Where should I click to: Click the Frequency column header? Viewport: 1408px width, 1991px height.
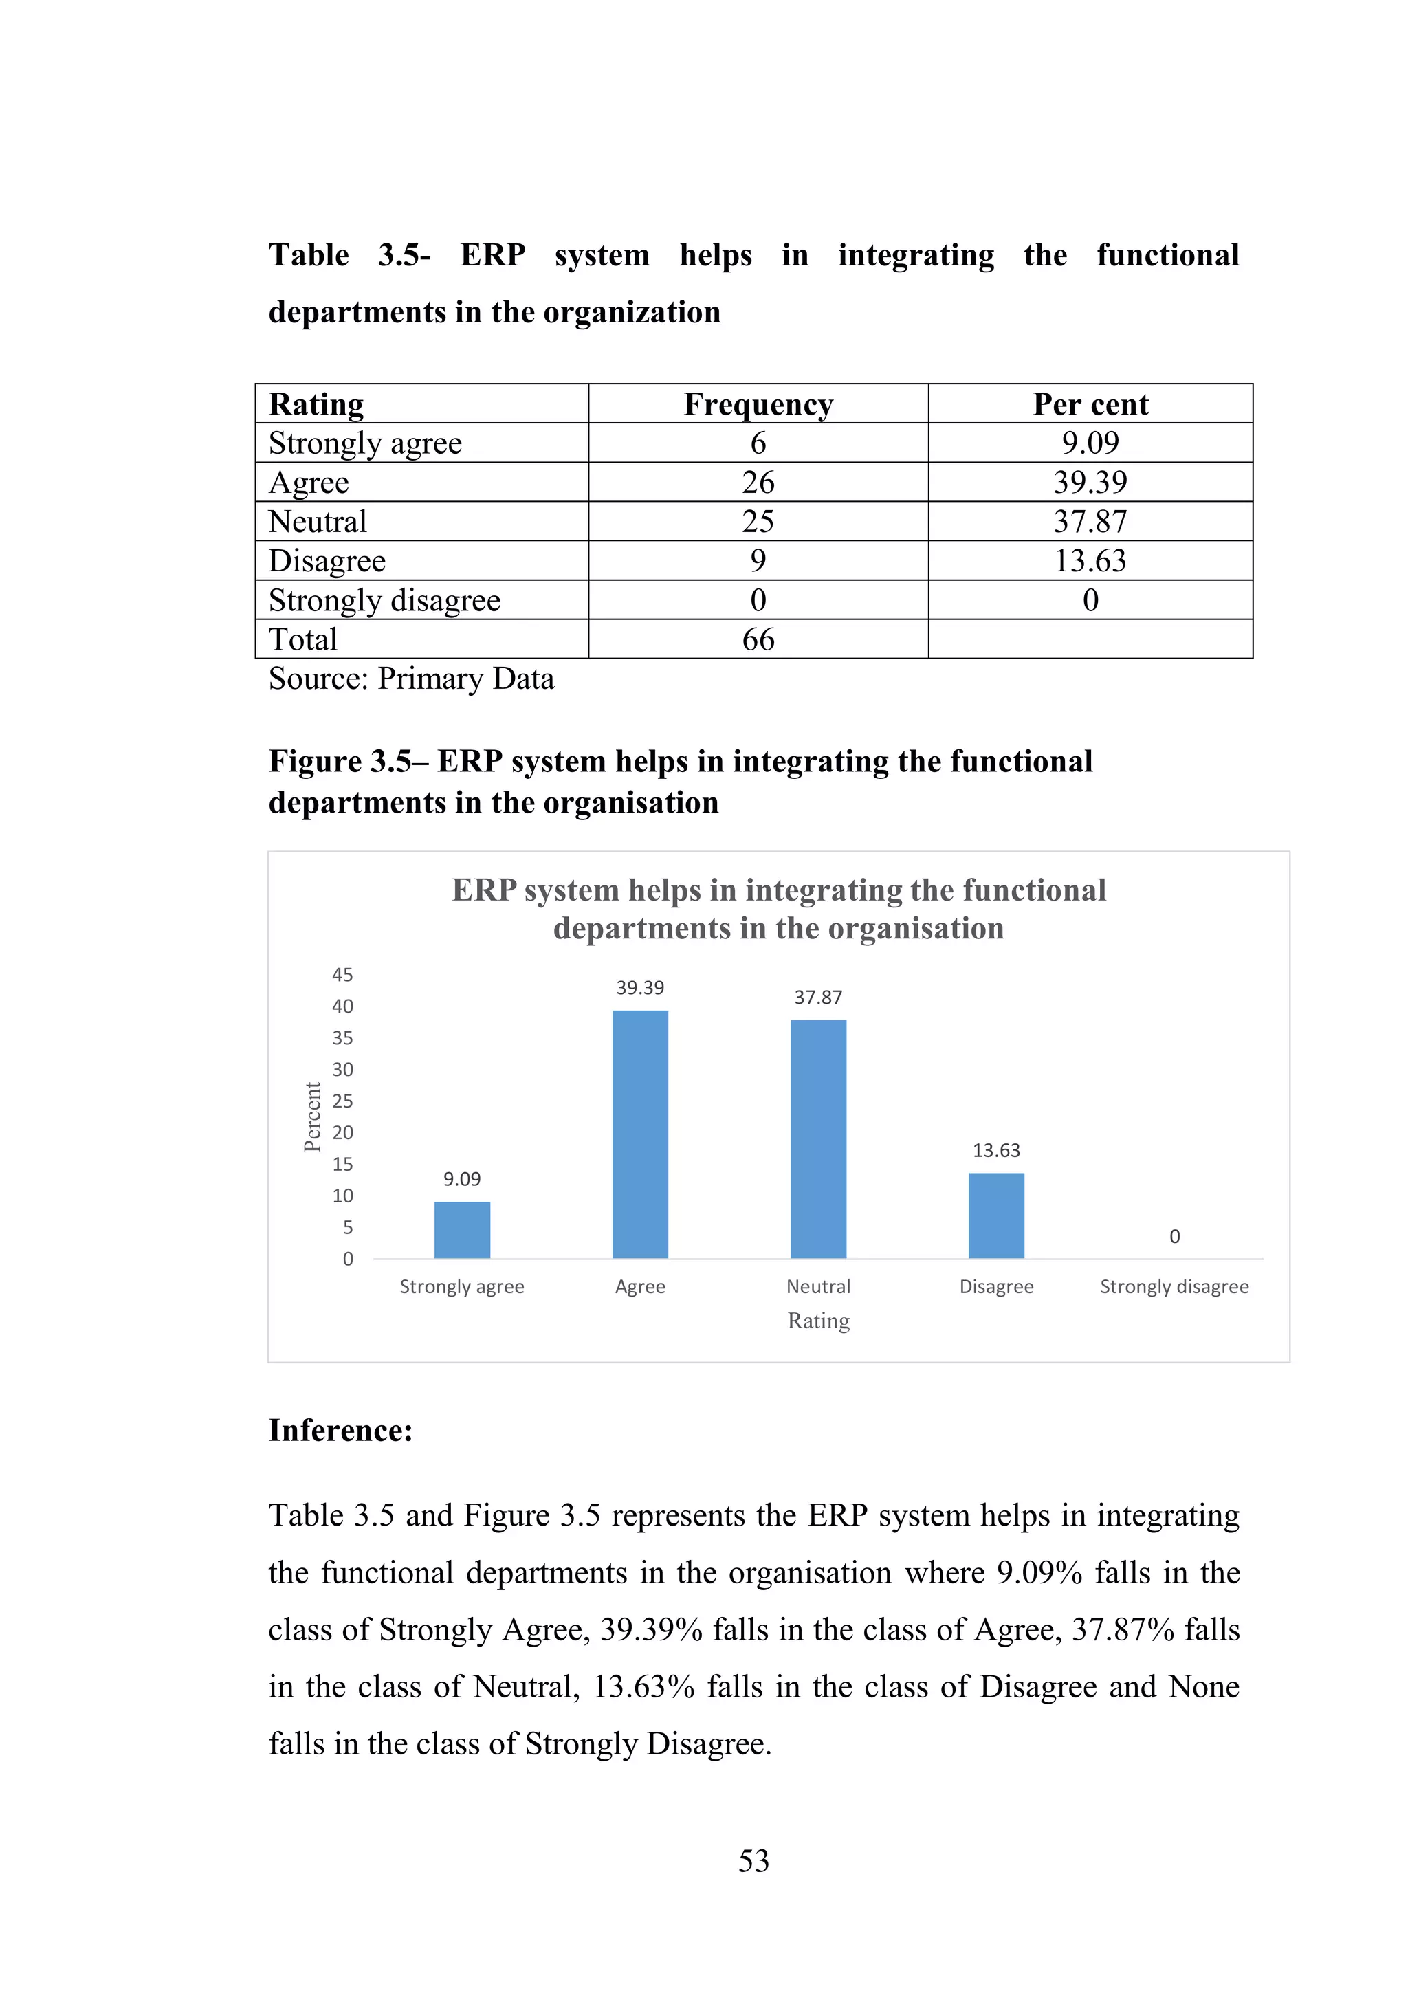[x=758, y=404]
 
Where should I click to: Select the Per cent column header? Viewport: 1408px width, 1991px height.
[x=1090, y=404]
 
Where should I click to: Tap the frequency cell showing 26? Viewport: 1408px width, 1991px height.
[x=758, y=482]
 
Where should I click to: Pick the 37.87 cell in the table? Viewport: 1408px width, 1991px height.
[x=1090, y=521]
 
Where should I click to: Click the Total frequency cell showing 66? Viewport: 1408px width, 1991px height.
[x=758, y=639]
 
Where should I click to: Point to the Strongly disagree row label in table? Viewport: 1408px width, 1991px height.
[x=384, y=600]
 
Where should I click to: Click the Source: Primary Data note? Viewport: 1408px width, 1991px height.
[x=411, y=678]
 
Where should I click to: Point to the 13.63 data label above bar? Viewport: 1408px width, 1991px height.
[x=996, y=1151]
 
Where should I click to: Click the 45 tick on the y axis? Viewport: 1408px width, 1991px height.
[x=342, y=975]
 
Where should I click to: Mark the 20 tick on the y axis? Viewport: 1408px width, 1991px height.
[x=342, y=1132]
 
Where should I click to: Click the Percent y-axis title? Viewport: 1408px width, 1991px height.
[x=312, y=1117]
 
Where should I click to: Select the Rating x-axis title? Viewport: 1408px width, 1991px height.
[x=818, y=1321]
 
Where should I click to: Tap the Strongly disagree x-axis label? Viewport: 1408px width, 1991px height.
[x=1174, y=1287]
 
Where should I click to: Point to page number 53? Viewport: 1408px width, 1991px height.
[x=753, y=1861]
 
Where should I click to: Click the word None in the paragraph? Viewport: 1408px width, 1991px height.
[x=1203, y=1686]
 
